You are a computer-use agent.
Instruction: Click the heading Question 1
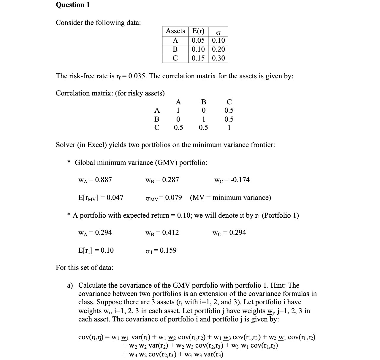[73, 5]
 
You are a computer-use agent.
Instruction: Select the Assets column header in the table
[175, 31]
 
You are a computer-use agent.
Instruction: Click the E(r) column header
[198, 31]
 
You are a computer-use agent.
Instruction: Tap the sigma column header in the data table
[218, 31]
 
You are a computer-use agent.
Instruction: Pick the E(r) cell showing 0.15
[198, 58]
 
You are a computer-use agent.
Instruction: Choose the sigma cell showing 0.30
[218, 58]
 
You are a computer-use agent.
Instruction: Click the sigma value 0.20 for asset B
[218, 49]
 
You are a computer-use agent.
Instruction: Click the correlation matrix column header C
[229, 102]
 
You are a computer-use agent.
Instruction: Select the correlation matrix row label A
[157, 111]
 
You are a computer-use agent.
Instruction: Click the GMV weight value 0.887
[103, 180]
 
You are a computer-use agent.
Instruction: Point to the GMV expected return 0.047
[115, 197]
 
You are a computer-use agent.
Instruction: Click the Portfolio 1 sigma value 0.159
[168, 250]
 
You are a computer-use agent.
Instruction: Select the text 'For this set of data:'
[84, 267]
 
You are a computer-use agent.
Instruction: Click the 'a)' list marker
[70, 285]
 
